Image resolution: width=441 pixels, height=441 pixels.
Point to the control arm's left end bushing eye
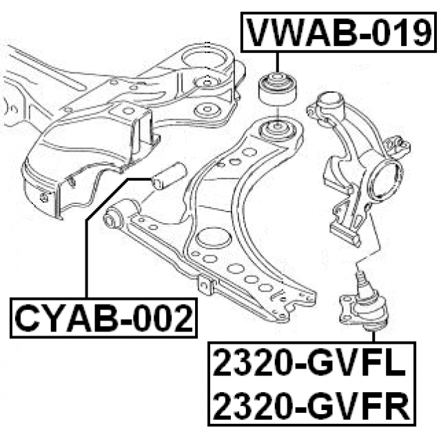pos(114,220)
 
